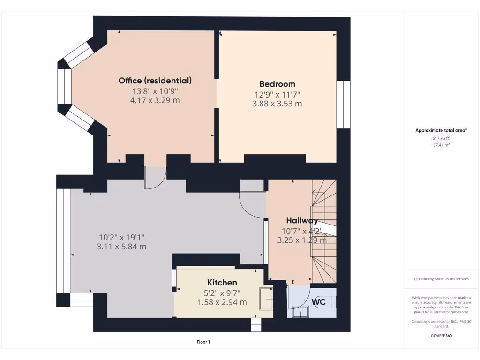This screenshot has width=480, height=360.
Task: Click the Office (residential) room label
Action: [x=155, y=81]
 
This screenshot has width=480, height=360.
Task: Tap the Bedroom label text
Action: [x=277, y=84]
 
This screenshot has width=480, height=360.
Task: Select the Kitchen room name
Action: [x=222, y=283]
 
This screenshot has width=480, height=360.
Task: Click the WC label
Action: [x=319, y=302]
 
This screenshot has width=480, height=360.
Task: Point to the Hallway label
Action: [x=302, y=220]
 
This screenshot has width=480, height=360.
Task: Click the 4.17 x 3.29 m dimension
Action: [x=155, y=100]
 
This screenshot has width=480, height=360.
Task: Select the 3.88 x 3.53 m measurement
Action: [x=277, y=104]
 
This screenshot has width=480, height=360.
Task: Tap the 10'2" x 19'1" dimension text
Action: [x=121, y=237]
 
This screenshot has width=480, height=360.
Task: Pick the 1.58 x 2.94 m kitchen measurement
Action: [x=222, y=302]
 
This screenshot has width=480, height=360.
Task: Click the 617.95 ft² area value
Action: [x=441, y=138]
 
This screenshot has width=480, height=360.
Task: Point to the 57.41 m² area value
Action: [x=441, y=145]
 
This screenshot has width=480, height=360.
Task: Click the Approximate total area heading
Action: [x=441, y=131]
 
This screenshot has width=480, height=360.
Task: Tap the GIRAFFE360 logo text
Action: [x=441, y=336]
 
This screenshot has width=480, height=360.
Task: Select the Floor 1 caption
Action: [x=203, y=342]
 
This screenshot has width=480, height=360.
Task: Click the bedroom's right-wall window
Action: [x=344, y=104]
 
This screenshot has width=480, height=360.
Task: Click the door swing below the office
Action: [x=155, y=178]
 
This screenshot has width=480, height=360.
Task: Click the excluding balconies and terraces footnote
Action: [x=441, y=279]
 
